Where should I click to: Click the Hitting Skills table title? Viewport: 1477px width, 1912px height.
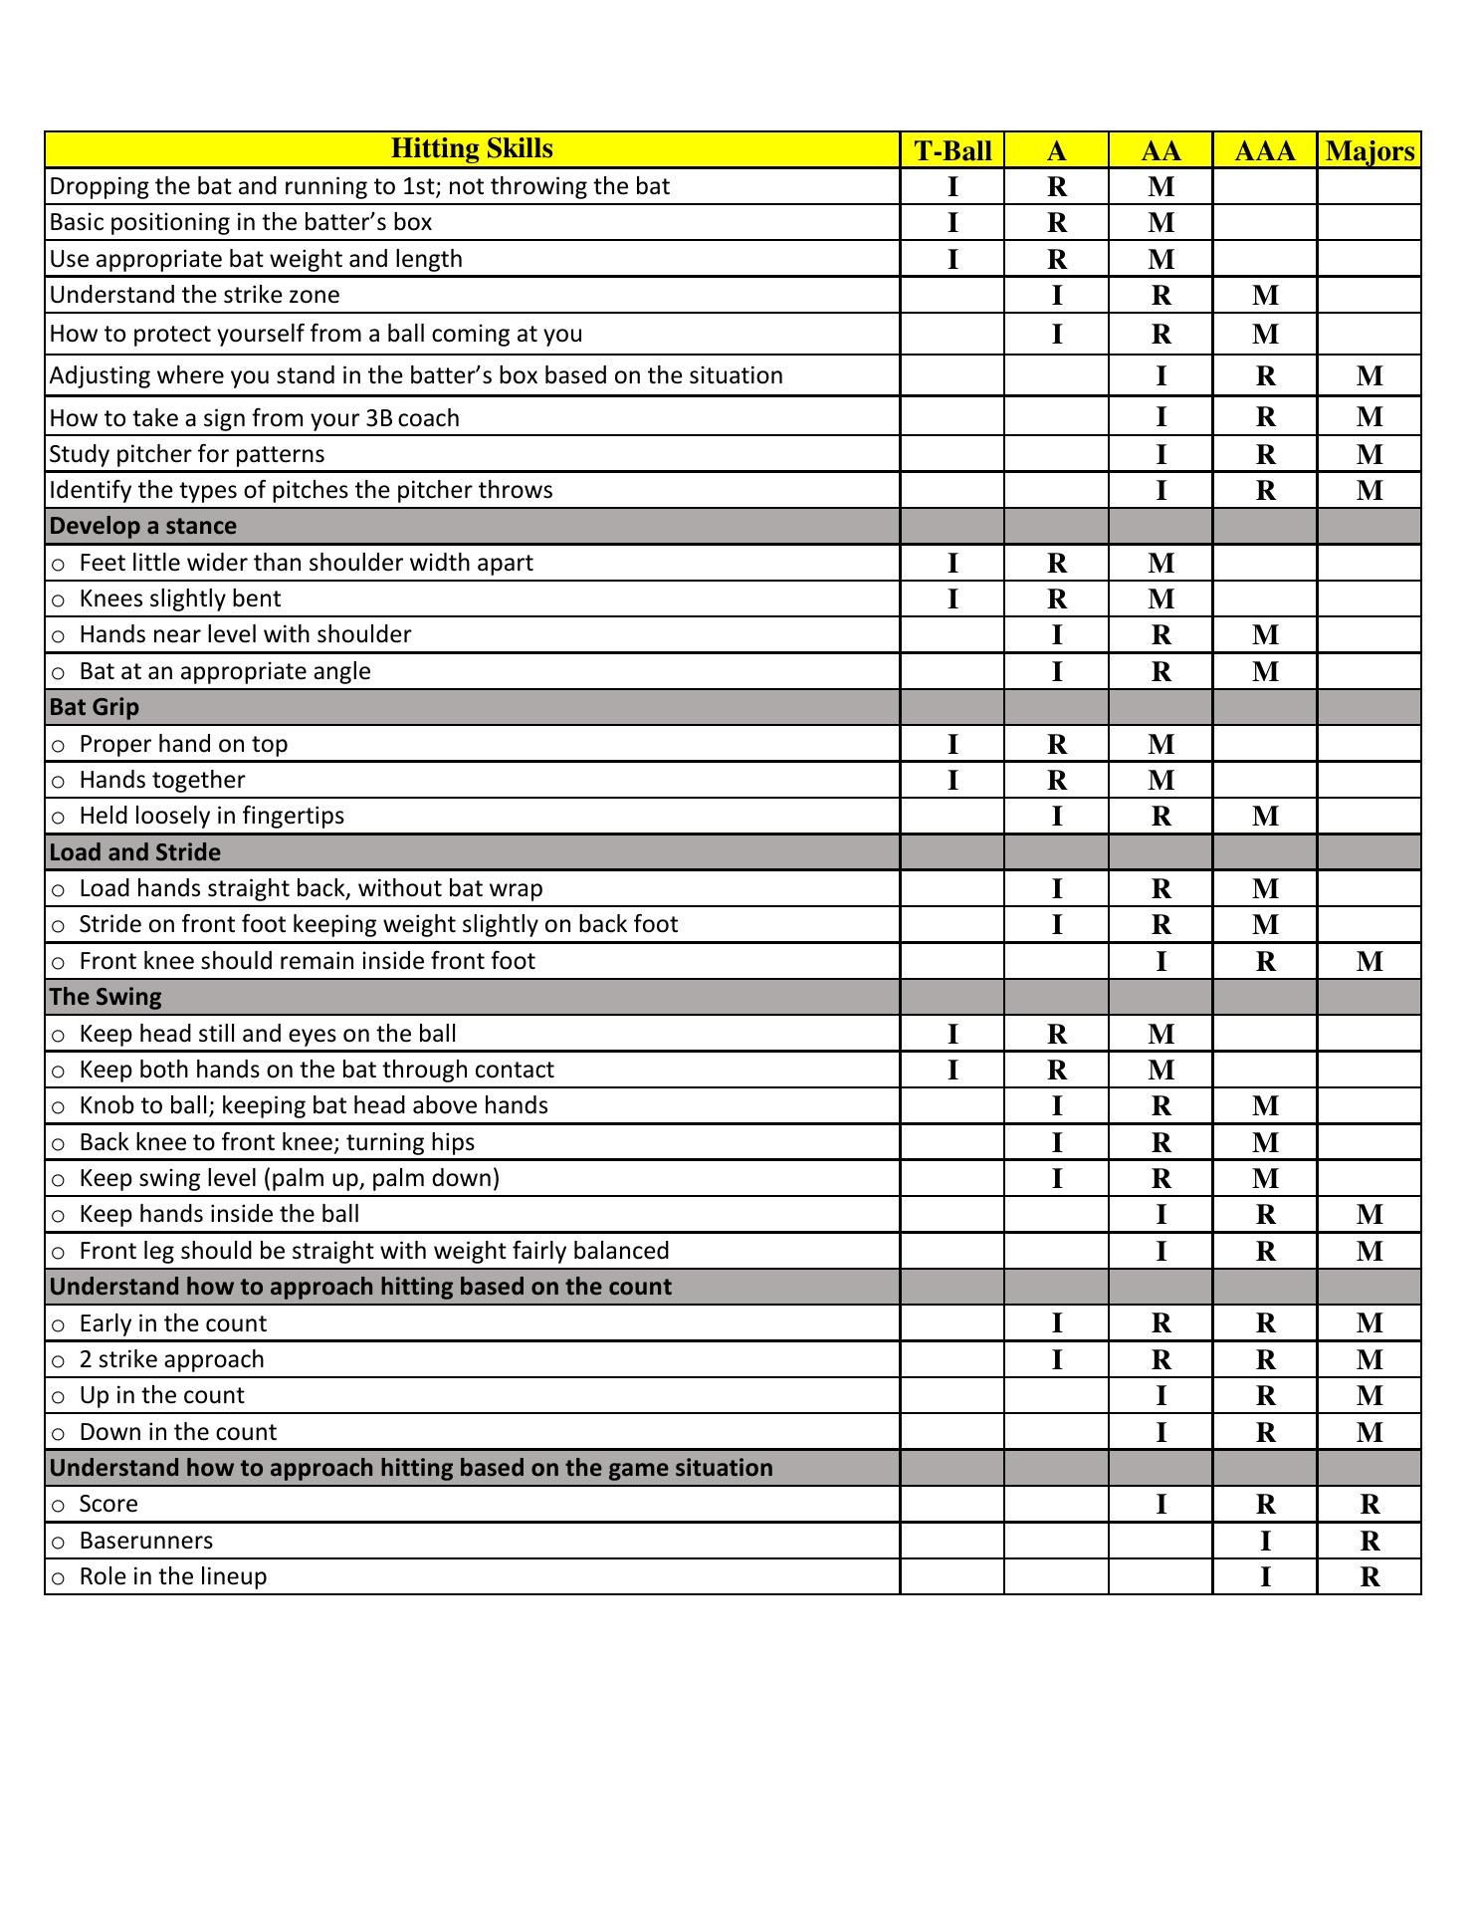coord(472,149)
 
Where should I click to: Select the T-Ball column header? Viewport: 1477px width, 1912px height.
coord(952,151)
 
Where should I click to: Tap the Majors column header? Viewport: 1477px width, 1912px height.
coord(1370,151)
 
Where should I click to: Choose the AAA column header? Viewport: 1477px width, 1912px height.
coord(1265,151)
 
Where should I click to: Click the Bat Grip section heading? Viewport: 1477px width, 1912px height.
coord(95,707)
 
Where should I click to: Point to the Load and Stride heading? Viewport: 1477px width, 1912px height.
coord(135,852)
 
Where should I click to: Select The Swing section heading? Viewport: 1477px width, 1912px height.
coord(105,997)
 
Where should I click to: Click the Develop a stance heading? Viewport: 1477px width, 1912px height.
coord(143,526)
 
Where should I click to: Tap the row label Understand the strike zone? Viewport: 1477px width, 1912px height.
coord(195,295)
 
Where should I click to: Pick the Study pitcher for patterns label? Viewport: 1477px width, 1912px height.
coord(187,454)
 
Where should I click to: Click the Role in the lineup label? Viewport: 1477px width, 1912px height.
coord(173,1576)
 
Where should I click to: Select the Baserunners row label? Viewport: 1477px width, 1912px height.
coord(146,1541)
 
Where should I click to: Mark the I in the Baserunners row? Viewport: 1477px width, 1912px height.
coord(1265,1542)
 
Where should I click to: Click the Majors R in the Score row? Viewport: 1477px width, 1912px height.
coord(1370,1505)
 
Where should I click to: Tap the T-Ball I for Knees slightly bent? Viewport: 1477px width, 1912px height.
coord(952,599)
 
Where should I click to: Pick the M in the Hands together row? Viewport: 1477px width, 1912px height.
coord(1160,781)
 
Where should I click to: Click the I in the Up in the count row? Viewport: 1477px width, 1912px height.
coord(1160,1396)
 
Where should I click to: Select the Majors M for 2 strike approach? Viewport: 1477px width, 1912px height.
coord(1370,1360)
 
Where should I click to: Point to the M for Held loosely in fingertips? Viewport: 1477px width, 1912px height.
coord(1265,817)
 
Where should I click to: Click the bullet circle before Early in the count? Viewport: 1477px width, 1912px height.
coord(59,1324)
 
